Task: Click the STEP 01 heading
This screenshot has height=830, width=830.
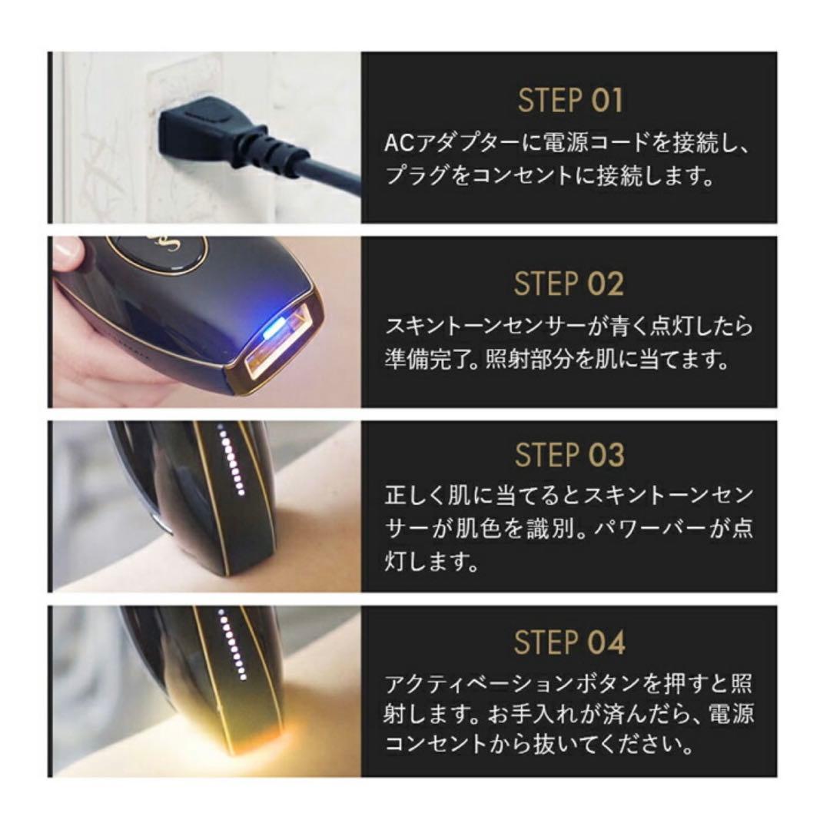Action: (569, 101)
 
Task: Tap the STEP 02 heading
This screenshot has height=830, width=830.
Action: (569, 284)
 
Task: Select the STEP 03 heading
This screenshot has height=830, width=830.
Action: (569, 455)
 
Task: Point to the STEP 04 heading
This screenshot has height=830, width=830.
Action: (569, 642)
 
